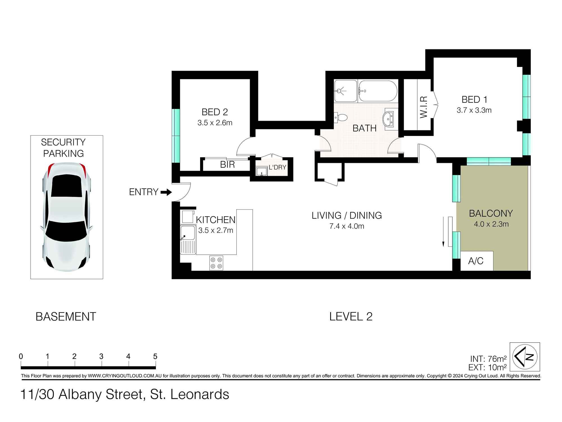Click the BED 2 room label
pos(215,112)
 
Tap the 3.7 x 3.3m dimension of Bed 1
pos(474,110)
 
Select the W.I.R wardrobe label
pos(424,107)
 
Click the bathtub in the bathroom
pos(378,91)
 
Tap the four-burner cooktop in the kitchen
pos(216,263)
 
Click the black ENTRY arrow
pos(166,192)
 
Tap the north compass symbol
pos(525,357)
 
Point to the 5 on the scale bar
pos(155,356)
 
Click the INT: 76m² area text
pos(488,359)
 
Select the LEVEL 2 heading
pos(351,316)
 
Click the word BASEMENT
pos(66,317)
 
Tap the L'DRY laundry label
pos(277,167)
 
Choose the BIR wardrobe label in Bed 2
pos(227,165)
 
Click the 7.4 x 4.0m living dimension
pos(347,226)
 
